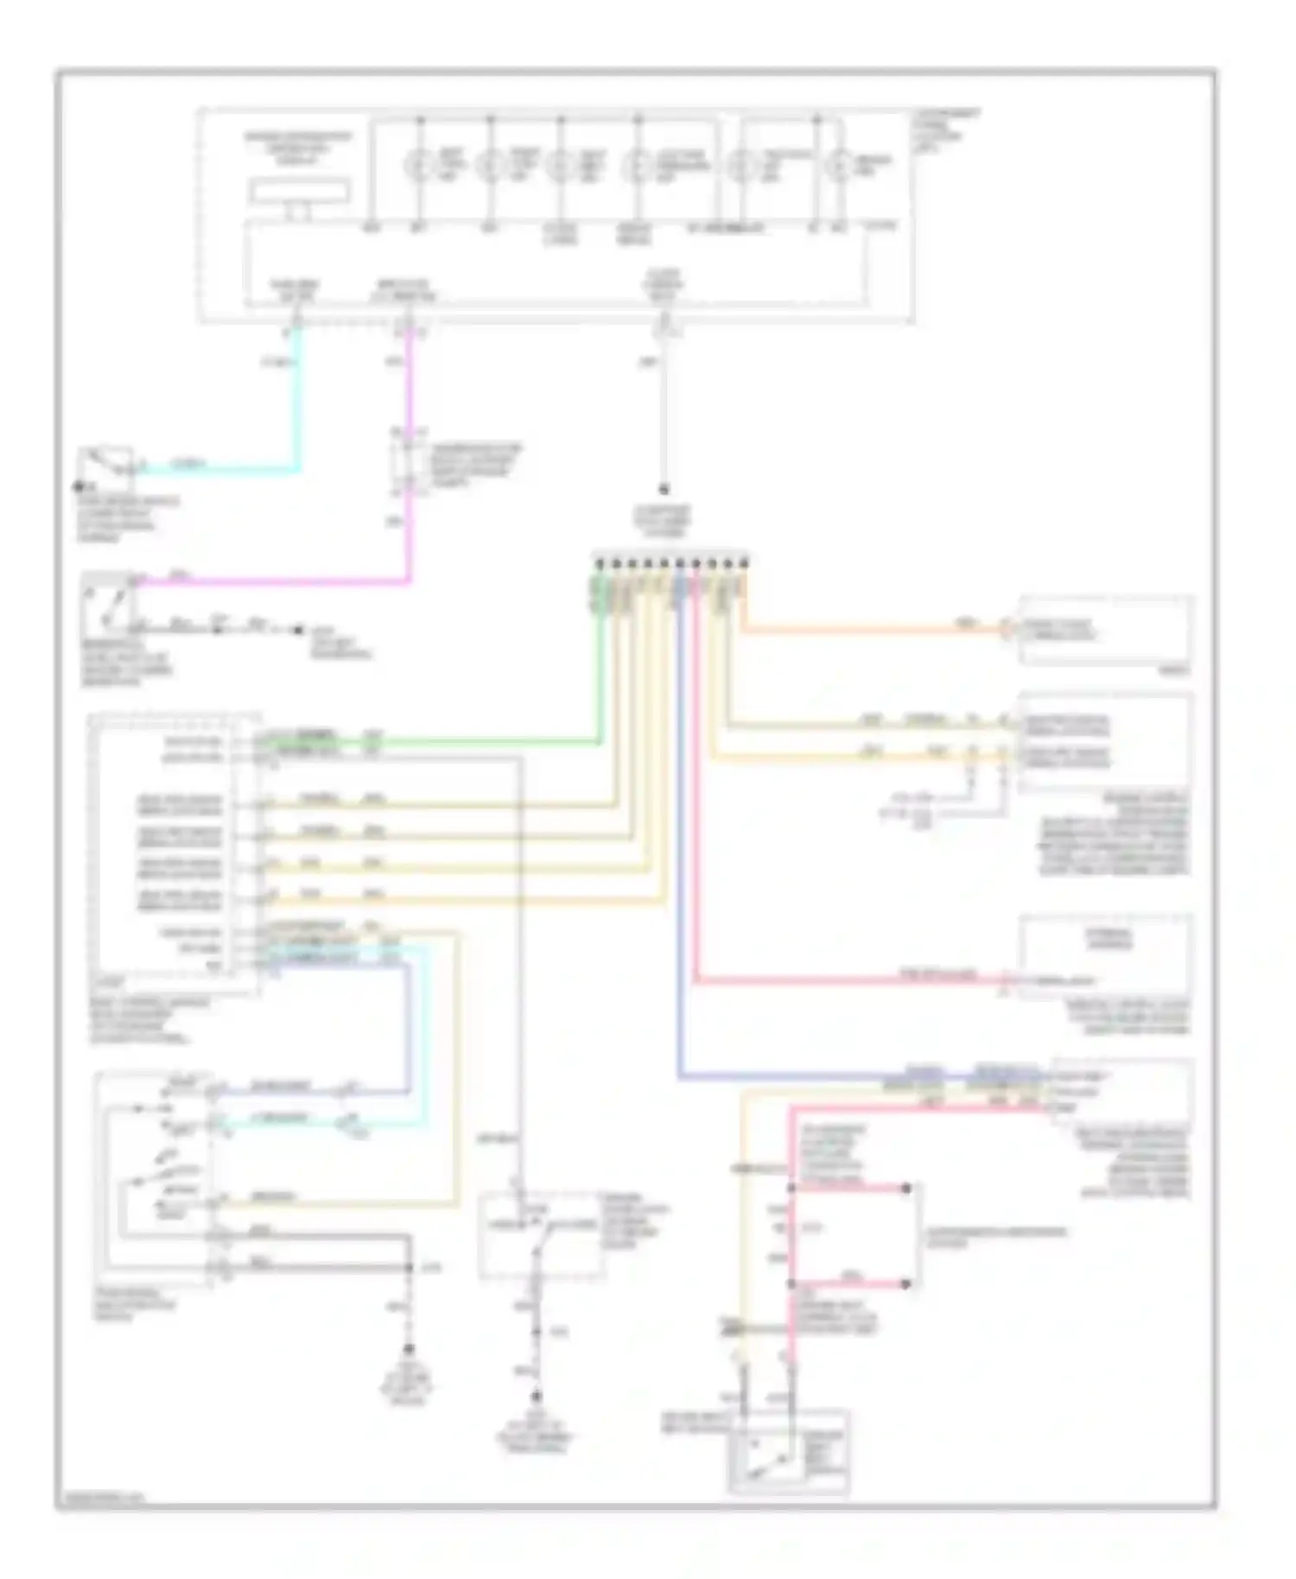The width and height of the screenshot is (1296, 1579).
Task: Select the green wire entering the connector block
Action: point(600,674)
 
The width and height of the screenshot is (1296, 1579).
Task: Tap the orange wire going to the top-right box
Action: point(864,631)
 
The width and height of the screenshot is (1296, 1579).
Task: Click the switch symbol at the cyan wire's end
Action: point(106,464)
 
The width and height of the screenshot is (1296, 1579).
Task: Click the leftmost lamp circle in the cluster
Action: point(420,163)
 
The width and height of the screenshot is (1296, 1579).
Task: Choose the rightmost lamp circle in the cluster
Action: point(837,163)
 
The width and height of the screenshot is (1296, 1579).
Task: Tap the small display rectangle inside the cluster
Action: point(300,192)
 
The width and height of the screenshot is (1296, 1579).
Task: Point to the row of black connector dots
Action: point(670,563)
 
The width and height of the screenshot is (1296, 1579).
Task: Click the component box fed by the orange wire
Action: point(1106,631)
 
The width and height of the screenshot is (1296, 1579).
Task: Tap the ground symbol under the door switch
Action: point(537,1398)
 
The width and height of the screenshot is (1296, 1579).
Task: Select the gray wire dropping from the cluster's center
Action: point(664,415)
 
